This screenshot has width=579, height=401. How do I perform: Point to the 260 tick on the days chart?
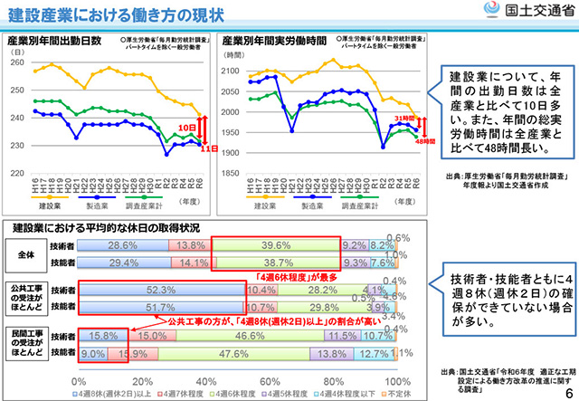pyautogui.click(x=15, y=64)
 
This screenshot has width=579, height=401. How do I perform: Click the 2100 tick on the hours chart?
pyautogui.click(x=233, y=68)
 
